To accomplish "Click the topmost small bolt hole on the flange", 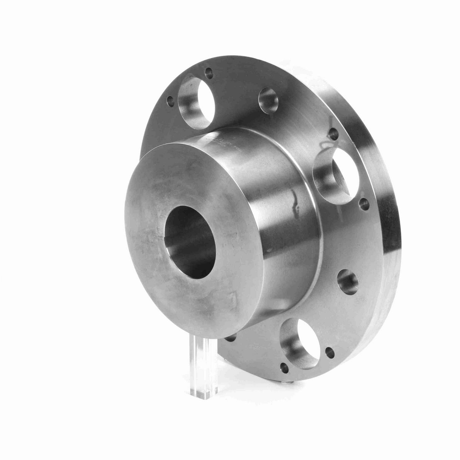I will pos(209,71).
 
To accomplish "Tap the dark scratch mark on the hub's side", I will pos(295,199).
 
